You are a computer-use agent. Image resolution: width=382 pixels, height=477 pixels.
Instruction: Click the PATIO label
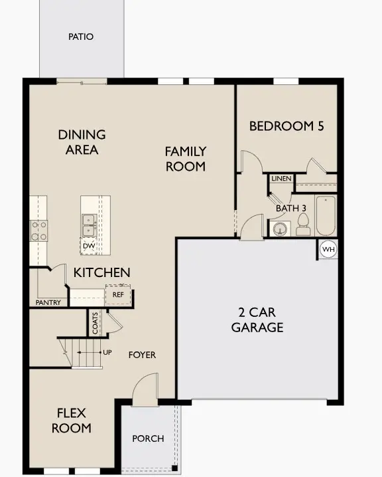[x=81, y=37]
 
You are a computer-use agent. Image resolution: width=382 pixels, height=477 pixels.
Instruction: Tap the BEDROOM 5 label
[x=286, y=126]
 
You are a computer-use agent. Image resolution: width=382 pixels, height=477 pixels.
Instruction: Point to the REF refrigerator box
[x=118, y=294]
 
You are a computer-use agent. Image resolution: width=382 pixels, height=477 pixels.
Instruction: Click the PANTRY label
[x=48, y=303]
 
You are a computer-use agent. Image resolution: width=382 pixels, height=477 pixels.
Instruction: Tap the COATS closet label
[x=95, y=324]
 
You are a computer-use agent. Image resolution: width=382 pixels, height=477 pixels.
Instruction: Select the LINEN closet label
[x=280, y=179]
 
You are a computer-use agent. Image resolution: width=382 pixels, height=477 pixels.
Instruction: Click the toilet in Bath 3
[x=303, y=228]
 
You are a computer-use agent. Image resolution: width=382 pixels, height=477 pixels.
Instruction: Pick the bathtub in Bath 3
[x=326, y=215]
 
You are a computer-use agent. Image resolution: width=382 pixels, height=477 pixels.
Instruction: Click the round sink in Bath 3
[x=279, y=229]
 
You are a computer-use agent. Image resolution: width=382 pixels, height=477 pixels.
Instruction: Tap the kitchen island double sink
[x=89, y=225]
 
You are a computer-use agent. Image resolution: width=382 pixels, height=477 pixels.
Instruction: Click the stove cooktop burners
[x=38, y=230]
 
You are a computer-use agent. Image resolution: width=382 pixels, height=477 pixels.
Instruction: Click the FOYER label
[x=142, y=355]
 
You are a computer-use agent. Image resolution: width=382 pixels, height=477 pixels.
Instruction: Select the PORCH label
[x=148, y=439]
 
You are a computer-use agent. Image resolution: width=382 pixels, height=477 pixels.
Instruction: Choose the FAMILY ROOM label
[x=186, y=159]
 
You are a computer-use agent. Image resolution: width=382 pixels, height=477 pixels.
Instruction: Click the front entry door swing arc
[x=145, y=389]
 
